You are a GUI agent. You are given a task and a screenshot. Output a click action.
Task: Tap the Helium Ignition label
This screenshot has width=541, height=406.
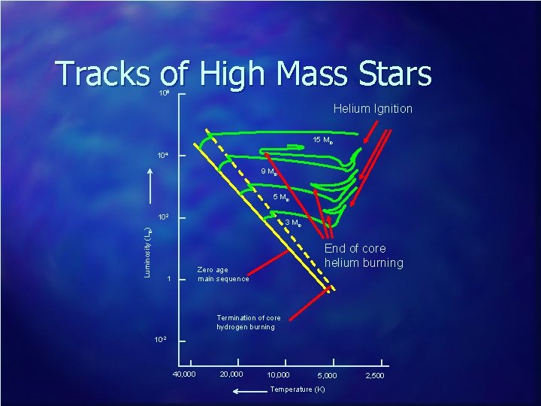coord(373,108)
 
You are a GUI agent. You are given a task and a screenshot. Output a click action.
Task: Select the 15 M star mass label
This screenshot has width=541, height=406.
coord(323,141)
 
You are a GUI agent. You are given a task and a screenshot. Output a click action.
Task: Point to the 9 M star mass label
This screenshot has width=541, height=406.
coord(270,172)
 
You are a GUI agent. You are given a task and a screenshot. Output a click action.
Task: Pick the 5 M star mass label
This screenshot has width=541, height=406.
coord(282,198)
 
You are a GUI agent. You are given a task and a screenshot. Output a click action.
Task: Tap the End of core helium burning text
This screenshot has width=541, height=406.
coord(364,256)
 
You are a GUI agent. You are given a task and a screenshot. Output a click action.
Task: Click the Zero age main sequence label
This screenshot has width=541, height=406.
coord(223,274)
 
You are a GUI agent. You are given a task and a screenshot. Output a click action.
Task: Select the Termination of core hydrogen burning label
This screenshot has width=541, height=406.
coord(248,323)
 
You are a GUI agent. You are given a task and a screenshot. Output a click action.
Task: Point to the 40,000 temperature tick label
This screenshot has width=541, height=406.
coord(184,374)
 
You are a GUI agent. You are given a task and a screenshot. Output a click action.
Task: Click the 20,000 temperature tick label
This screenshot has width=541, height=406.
coord(231,374)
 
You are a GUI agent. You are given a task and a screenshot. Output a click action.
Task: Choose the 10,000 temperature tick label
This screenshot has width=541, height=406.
coord(278,374)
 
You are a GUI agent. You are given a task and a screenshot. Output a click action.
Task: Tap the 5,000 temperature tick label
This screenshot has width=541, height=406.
coord(327,374)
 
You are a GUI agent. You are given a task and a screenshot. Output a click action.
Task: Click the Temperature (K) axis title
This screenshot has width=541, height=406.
coord(298,389)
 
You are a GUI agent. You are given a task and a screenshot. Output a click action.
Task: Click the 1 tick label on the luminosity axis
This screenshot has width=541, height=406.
coord(170,279)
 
